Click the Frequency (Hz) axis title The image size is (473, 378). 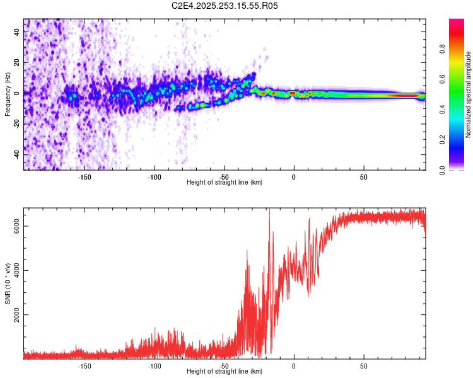pos(8,94)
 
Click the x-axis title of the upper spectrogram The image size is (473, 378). pos(225,183)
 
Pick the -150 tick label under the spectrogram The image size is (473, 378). pos(85,177)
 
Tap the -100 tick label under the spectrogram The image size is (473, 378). pos(155,177)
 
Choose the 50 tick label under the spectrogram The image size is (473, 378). pos(363,177)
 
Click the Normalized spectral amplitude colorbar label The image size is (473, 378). pos(469,94)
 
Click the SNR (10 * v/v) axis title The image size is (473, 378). pos(8,283)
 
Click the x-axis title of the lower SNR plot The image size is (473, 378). pos(225,372)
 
